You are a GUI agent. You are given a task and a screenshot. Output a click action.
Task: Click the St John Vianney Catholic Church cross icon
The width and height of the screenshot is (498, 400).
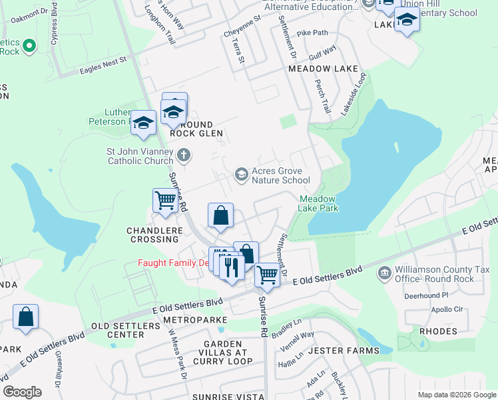tap(184, 156)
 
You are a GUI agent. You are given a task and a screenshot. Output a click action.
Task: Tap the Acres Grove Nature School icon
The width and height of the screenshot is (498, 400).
tap(241, 175)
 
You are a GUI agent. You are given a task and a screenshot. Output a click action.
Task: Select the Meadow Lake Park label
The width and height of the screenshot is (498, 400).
tap(319, 203)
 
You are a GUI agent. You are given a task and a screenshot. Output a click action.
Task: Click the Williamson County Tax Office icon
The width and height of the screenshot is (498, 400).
tap(383, 273)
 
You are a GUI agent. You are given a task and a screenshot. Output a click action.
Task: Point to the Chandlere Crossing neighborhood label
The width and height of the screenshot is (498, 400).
tap(154, 235)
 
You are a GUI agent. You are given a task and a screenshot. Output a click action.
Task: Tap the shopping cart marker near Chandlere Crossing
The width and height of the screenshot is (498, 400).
tap(164, 200)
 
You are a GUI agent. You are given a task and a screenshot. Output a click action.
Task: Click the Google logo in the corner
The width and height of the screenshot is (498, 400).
tap(22, 392)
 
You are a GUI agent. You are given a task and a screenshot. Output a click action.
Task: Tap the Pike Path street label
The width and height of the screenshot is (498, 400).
tap(312, 32)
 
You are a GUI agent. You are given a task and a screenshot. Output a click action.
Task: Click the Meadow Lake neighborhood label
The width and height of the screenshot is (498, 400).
tap(324, 69)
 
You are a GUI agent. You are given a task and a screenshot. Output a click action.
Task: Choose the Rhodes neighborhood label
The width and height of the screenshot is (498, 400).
tap(438, 331)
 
